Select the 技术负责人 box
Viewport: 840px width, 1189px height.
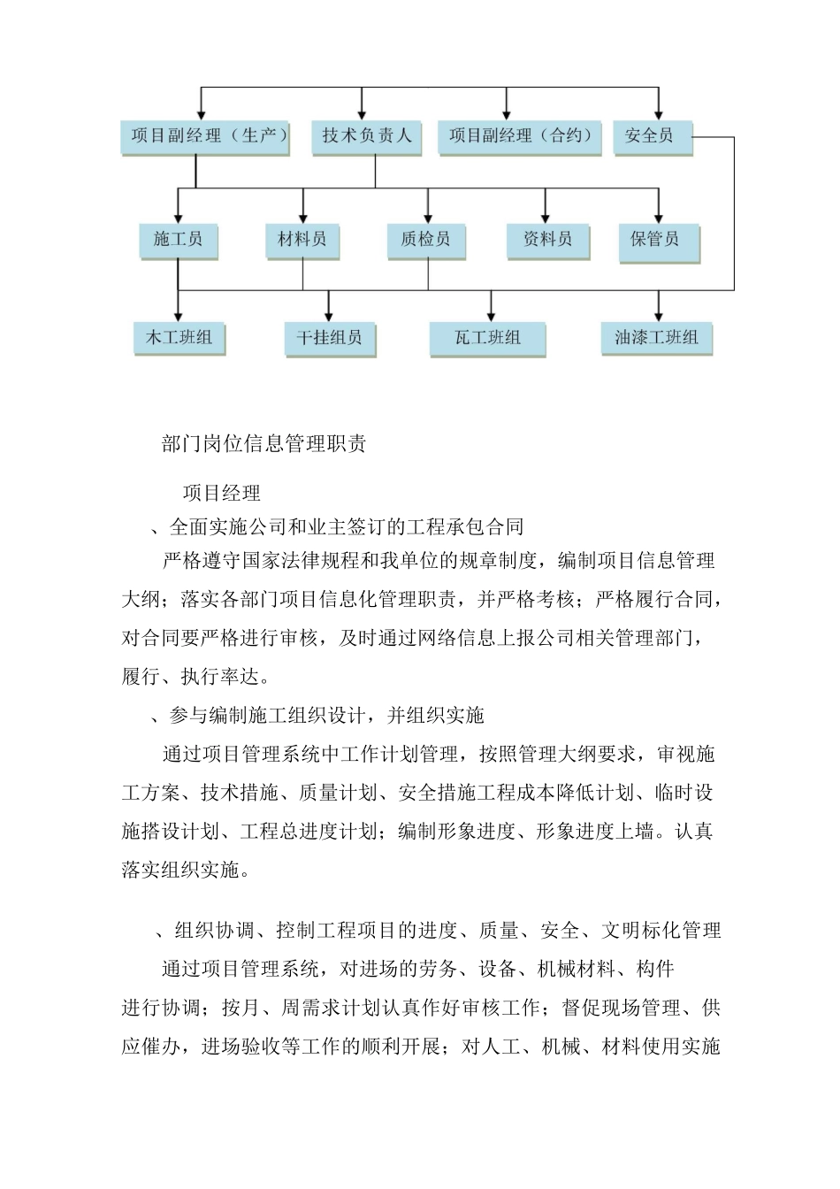tap(366, 136)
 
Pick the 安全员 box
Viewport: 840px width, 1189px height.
tap(651, 136)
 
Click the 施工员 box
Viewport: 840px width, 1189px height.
tap(178, 240)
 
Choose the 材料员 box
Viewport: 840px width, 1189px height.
tap(302, 240)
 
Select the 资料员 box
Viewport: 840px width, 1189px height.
tap(547, 240)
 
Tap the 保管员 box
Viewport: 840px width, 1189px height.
tap(659, 240)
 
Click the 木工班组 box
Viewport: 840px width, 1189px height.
tap(179, 338)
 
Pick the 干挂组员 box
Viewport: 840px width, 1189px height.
tap(329, 338)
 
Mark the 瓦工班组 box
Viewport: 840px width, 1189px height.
tap(487, 338)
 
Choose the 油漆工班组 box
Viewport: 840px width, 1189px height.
tap(656, 338)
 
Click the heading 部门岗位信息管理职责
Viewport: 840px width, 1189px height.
tap(264, 444)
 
